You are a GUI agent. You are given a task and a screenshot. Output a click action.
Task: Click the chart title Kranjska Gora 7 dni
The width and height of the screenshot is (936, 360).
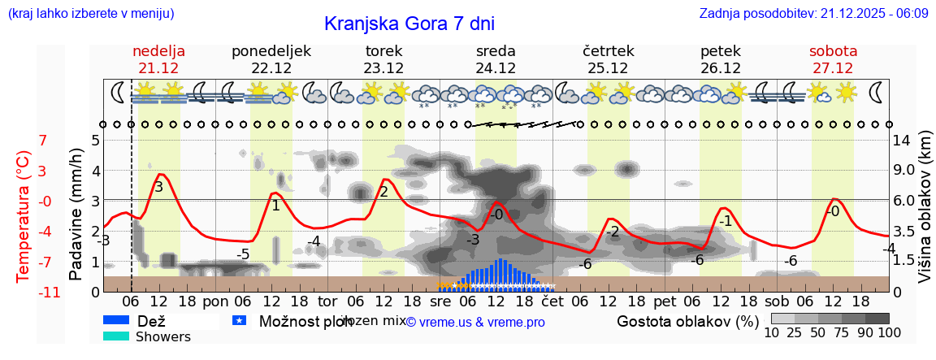coord(409,24)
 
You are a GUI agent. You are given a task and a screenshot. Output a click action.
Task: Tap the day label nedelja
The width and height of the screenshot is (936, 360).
coord(159,51)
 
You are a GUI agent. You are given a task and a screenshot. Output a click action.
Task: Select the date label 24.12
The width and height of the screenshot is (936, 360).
coord(496,68)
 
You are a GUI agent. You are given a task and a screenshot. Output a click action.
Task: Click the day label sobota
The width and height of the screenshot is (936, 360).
coord(833,51)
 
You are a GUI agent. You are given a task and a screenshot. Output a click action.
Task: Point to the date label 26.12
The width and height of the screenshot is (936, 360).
coord(720,68)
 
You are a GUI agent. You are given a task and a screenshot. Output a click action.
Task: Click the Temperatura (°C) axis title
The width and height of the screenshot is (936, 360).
coord(24,216)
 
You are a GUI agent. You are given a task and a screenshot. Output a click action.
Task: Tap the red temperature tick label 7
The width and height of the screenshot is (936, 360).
coord(43,141)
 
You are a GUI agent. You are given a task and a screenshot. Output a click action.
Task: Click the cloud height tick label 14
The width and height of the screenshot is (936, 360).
coord(902,140)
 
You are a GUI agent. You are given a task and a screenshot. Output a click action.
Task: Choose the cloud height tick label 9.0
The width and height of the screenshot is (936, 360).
coord(905,171)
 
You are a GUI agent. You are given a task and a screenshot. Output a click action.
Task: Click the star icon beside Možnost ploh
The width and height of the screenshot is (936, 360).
coord(239,321)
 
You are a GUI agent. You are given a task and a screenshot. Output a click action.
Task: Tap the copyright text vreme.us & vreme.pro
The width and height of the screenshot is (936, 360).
coord(475,323)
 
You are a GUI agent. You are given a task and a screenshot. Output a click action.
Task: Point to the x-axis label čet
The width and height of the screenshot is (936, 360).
coord(552,301)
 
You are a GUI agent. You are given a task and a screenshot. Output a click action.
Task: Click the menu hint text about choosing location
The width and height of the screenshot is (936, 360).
coord(90,14)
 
